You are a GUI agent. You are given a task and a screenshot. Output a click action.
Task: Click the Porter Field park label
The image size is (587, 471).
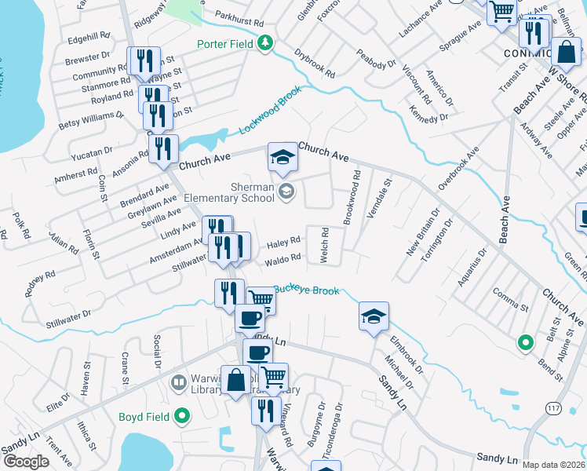click(x=226, y=44)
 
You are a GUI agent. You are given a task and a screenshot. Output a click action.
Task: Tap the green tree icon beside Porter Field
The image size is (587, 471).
click(x=267, y=44)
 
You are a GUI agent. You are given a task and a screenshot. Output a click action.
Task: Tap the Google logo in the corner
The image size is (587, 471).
click(x=26, y=462)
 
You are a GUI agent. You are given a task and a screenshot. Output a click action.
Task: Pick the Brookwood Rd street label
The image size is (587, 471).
click(x=350, y=199)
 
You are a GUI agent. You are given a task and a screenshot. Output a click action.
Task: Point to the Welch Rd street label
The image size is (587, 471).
click(x=323, y=246)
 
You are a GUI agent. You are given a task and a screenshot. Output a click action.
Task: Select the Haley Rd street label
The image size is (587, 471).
click(x=284, y=243)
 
